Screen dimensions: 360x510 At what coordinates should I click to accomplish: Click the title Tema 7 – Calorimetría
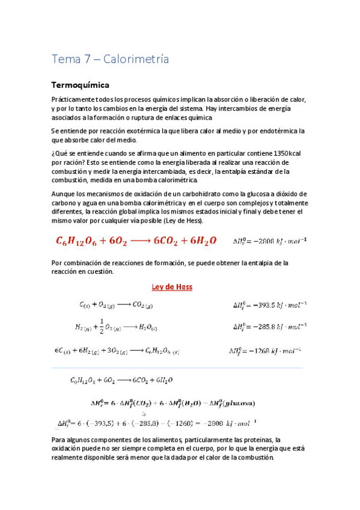pyautogui.click(x=110, y=60)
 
